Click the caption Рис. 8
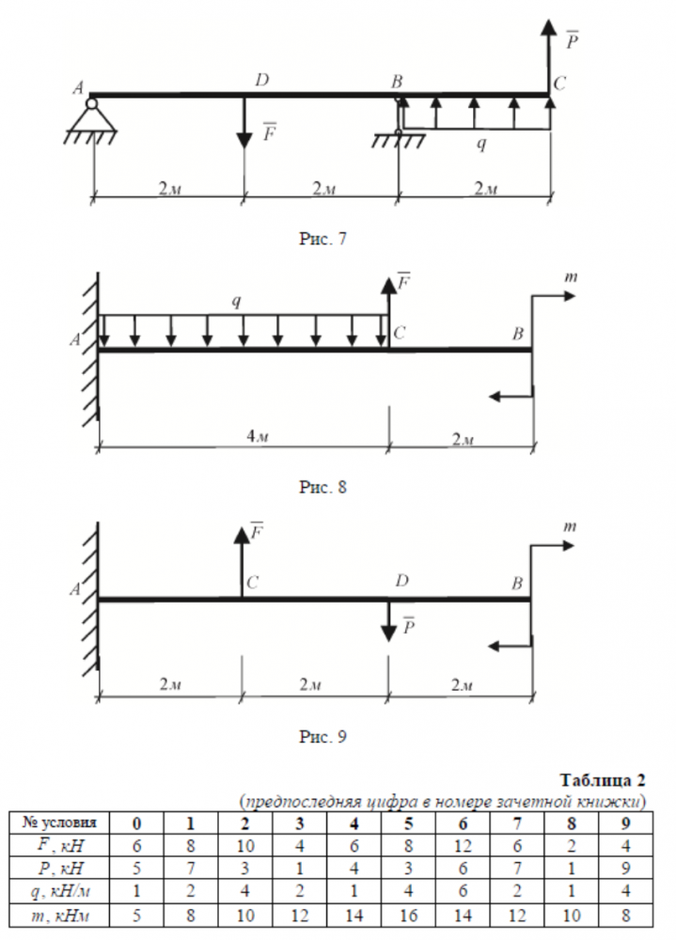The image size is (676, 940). click(323, 488)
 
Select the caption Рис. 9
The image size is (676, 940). click(323, 736)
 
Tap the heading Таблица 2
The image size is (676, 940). click(603, 781)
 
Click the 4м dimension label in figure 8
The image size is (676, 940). click(244, 439)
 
